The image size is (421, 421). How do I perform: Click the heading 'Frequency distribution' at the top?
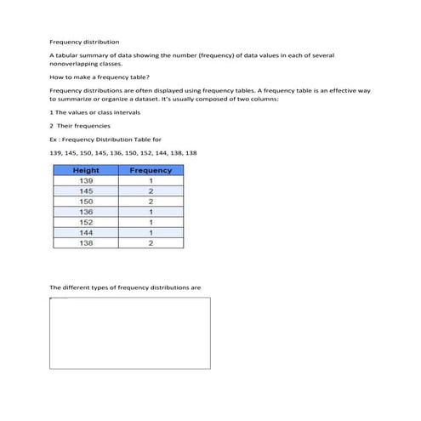(84, 41)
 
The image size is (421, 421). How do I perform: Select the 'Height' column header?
(86, 170)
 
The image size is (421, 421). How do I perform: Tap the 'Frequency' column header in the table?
(150, 170)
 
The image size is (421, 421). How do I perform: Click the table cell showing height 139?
(86, 181)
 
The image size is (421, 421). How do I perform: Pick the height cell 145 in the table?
(86, 191)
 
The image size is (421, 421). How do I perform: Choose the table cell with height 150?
(86, 202)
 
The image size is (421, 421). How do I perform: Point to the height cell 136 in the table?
(86, 212)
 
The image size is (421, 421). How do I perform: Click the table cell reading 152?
(86, 222)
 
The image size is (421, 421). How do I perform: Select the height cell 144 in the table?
(86, 232)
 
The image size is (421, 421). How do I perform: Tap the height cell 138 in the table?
(86, 243)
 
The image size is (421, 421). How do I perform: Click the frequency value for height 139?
(150, 181)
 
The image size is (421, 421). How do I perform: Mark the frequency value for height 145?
(150, 191)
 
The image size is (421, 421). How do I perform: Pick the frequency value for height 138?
(150, 243)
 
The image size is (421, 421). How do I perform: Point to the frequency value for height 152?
(150, 222)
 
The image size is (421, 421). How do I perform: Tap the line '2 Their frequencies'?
(79, 126)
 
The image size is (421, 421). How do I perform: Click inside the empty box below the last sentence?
(130, 333)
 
